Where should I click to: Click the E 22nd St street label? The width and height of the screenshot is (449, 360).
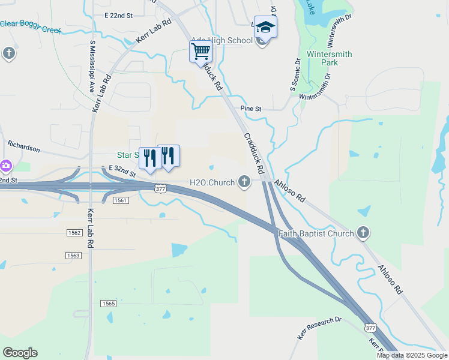(118, 14)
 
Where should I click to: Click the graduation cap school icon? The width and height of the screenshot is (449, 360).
(265, 28)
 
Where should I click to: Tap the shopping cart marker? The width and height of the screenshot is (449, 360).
(200, 50)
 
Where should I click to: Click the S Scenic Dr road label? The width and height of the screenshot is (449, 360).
(295, 74)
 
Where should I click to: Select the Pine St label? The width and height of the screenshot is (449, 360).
(251, 109)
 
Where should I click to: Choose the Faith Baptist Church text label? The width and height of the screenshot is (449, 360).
(316, 233)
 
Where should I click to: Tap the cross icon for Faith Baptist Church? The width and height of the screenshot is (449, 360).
(363, 232)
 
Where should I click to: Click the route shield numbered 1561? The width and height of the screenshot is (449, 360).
(121, 200)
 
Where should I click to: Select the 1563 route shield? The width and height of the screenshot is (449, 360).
(73, 256)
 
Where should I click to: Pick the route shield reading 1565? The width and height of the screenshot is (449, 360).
(108, 304)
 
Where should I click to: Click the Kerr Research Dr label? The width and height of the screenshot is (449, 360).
(319, 325)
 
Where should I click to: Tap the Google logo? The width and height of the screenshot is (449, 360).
(20, 353)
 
